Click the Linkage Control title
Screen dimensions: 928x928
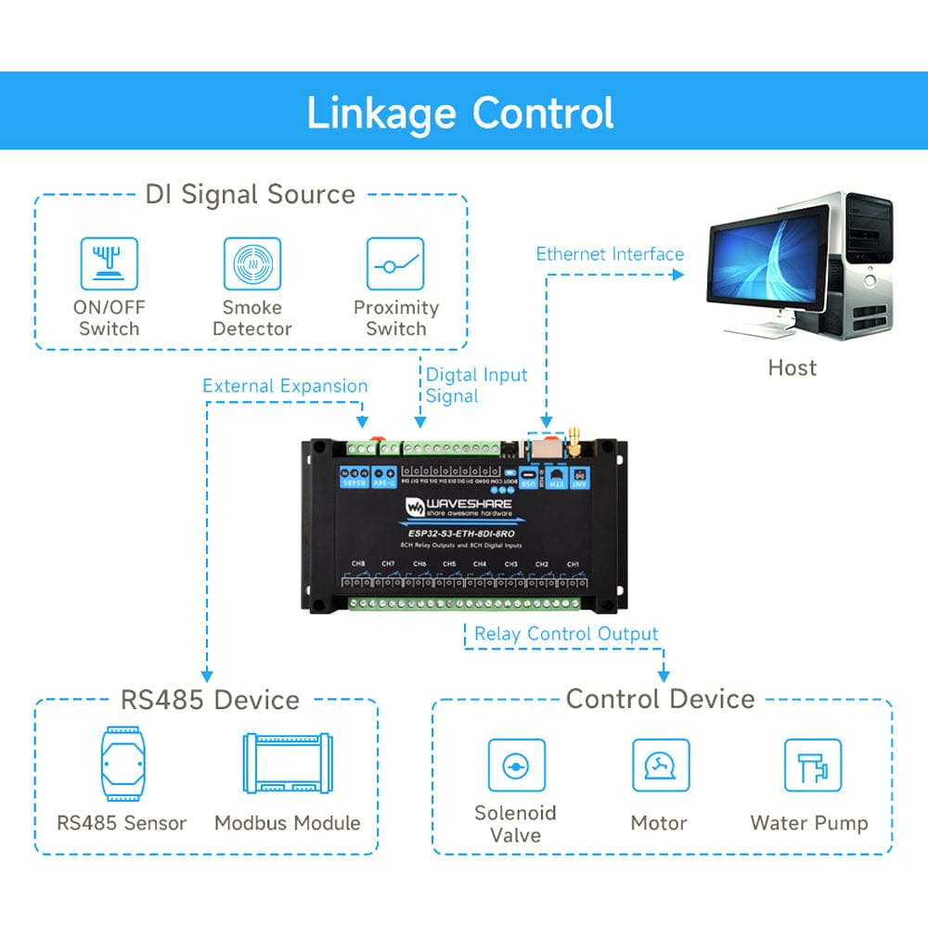pyautogui.click(x=460, y=112)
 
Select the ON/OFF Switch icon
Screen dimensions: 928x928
pyautogui.click(x=110, y=264)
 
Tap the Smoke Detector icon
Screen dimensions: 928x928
pyautogui.click(x=252, y=264)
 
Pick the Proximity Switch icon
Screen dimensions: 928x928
pyautogui.click(x=395, y=264)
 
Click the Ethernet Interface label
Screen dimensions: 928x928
pyautogui.click(x=610, y=254)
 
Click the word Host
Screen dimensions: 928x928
pyautogui.click(x=792, y=368)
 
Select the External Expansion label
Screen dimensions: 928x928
pyautogui.click(x=285, y=386)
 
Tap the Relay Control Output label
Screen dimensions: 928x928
pyautogui.click(x=566, y=634)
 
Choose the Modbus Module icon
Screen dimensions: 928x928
pyautogui.click(x=287, y=763)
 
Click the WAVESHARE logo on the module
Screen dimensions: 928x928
pyautogui.click(x=458, y=507)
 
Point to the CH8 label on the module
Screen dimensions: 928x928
pyautogui.click(x=358, y=564)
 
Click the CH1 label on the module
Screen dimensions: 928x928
pyautogui.click(x=573, y=564)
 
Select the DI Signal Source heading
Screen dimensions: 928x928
pyautogui.click(x=251, y=194)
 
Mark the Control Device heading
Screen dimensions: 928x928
pyautogui.click(x=661, y=699)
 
